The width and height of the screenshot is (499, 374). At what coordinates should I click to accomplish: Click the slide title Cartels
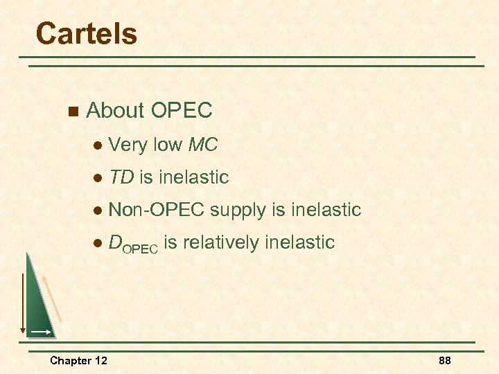86,33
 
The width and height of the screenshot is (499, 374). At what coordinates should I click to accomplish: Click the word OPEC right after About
181,110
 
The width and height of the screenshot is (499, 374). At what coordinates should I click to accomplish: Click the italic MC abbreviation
202,145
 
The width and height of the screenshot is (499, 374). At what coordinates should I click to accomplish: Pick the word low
167,145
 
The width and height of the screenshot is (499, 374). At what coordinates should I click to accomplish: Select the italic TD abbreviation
121,177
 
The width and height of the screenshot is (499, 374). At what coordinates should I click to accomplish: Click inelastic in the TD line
193,177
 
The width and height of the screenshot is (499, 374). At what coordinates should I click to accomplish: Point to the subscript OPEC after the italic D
141,247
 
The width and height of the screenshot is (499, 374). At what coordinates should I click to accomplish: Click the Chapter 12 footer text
78,360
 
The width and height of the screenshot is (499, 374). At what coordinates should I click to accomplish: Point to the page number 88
444,360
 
